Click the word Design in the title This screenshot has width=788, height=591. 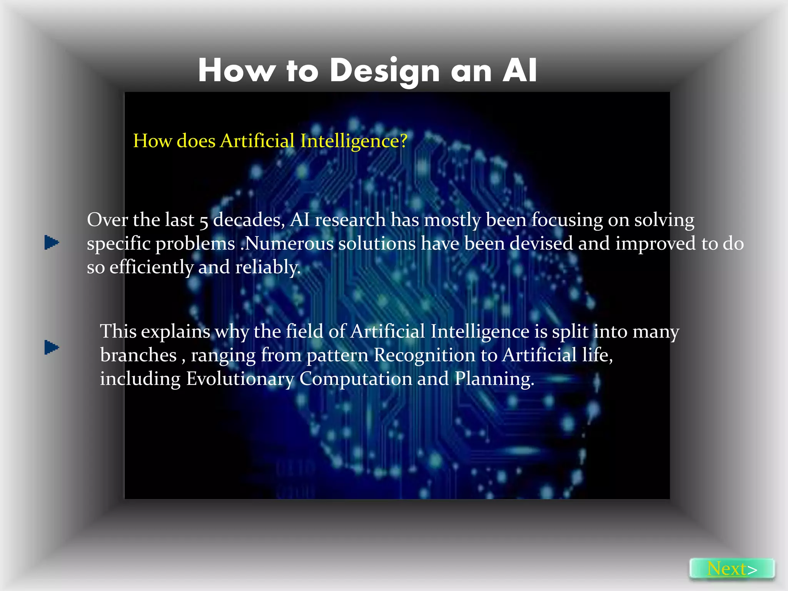[x=384, y=71]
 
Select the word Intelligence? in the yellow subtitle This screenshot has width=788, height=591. [x=354, y=141]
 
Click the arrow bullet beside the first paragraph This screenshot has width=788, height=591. [x=52, y=242]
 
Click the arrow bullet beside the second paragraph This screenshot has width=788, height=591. [x=52, y=347]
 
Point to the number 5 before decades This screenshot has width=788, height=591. [x=204, y=221]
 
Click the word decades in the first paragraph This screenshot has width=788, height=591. [x=249, y=220]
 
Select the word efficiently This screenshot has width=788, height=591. [x=151, y=267]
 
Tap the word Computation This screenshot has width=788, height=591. [x=356, y=379]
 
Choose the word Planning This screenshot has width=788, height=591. [x=494, y=379]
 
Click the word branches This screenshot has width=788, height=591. [x=138, y=355]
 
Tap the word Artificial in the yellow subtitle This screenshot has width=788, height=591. [x=257, y=141]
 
